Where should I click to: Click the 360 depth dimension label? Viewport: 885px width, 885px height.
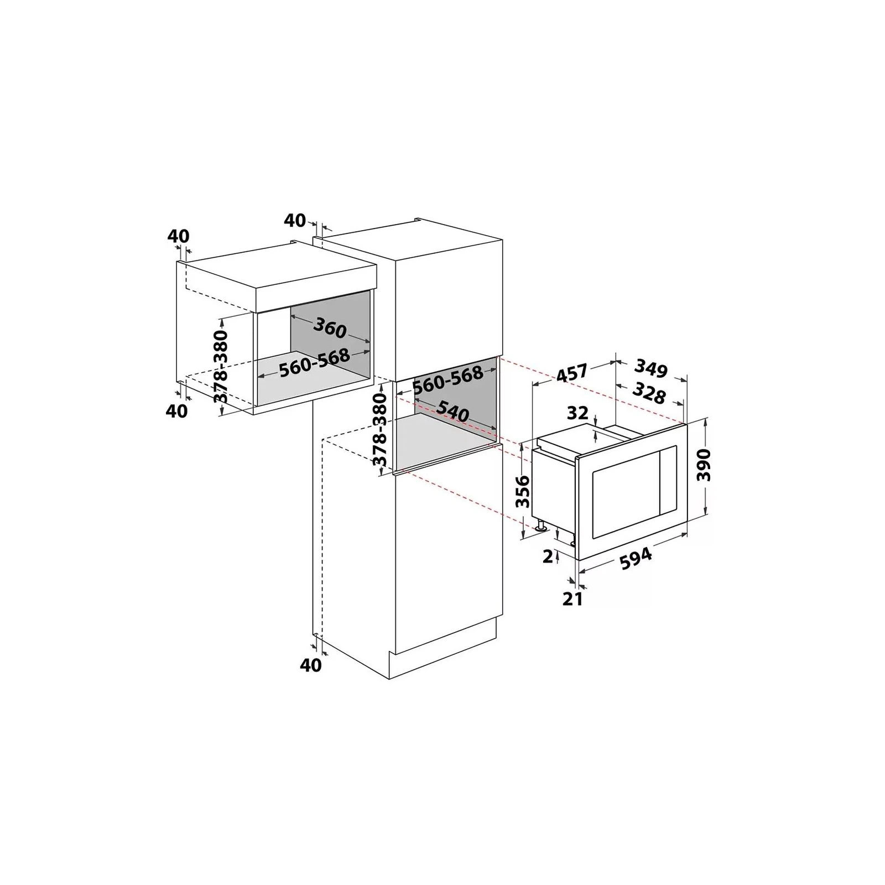(330, 329)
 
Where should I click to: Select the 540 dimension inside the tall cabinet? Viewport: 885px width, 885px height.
(452, 411)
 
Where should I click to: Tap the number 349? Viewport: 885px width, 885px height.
(651, 368)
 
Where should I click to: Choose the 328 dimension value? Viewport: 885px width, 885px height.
(648, 393)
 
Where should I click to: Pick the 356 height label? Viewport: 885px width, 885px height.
(522, 491)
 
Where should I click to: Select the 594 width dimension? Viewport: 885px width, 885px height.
(635, 559)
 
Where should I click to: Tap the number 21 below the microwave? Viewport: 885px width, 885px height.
(572, 598)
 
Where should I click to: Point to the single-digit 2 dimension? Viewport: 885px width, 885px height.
(548, 556)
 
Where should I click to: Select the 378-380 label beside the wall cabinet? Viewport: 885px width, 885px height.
(221, 367)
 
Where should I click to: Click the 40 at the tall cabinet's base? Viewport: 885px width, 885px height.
(310, 665)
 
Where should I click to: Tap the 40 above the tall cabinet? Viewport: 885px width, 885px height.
(295, 220)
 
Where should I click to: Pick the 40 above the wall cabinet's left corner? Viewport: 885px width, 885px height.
(178, 236)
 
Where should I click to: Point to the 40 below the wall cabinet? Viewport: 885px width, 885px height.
(177, 411)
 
